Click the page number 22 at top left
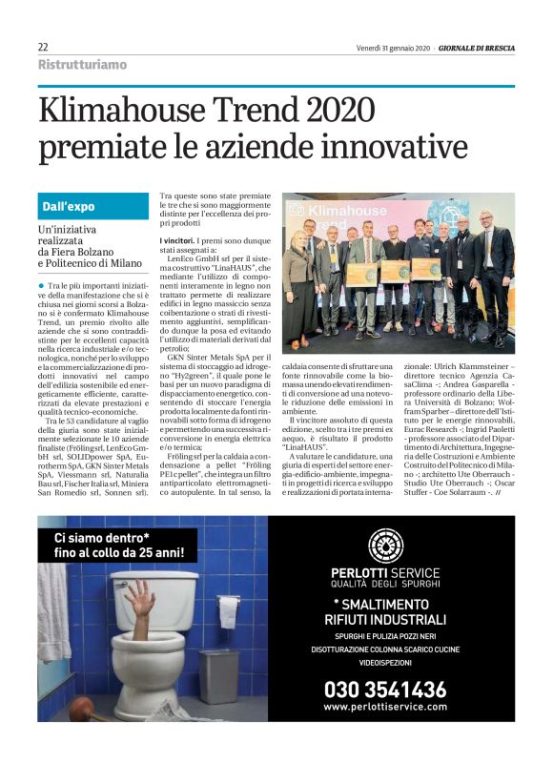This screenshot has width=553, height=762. point(43,47)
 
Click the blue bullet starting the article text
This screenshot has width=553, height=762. point(41,286)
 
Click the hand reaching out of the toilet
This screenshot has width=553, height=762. point(142,596)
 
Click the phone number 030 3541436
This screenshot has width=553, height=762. point(384,689)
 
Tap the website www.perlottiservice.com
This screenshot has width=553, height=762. point(384,708)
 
